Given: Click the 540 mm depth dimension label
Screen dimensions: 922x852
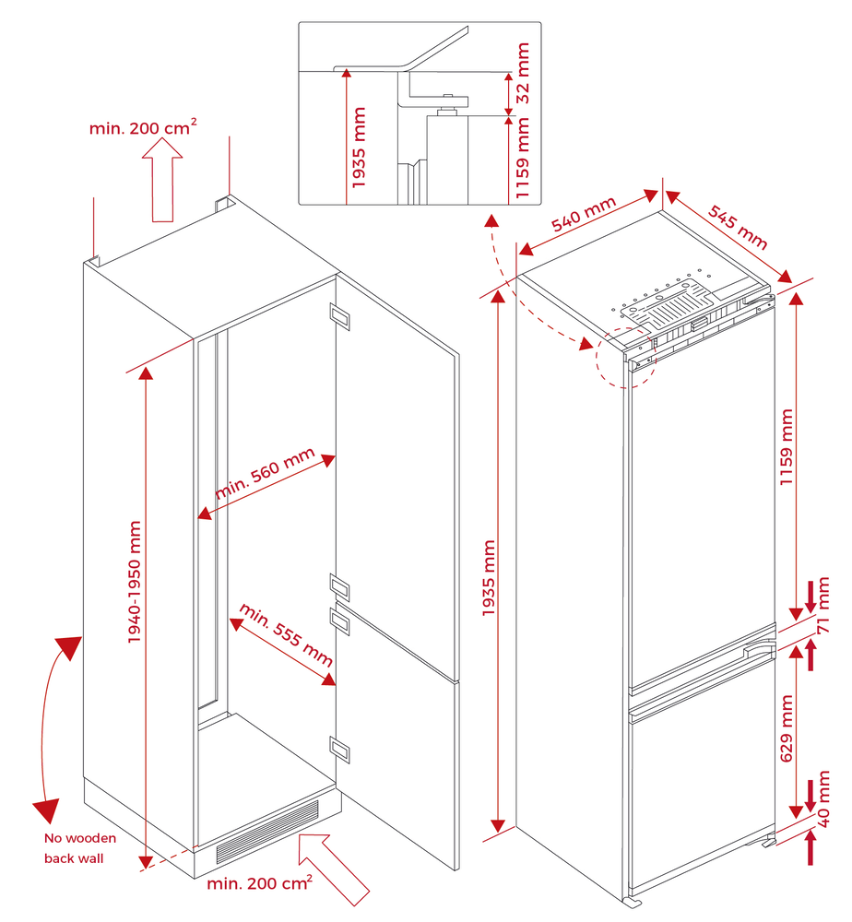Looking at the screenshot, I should pos(583,219).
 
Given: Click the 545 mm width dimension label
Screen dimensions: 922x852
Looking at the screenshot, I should pos(738,226).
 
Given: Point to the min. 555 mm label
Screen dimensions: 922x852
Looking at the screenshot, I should pos(286,635).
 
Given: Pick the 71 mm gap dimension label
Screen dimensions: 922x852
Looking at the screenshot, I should pos(823,613).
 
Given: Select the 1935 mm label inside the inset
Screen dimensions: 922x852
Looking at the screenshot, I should pos(359,148).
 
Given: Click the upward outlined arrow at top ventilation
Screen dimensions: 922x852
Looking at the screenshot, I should pos(162,179).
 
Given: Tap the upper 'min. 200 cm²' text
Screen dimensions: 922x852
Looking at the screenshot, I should pos(143,127).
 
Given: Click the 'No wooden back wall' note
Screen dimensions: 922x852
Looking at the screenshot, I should pos(80,848).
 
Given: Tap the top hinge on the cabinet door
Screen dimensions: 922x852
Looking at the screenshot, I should pos(340,317).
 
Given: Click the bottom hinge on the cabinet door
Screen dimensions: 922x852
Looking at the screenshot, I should pos(340,750).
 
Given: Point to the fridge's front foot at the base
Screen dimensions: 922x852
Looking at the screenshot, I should pos(633,899).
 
